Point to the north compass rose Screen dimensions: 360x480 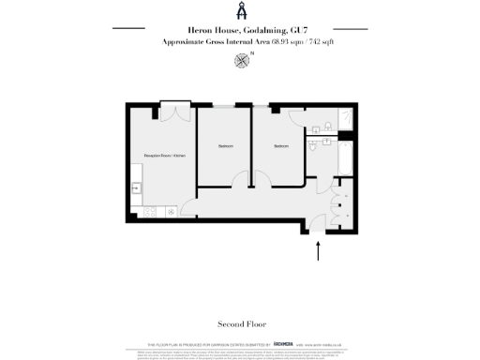click(242, 61)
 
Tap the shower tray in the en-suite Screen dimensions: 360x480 click(344, 117)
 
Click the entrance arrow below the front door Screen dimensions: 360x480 click(320, 250)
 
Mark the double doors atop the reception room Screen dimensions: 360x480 click(172, 111)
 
